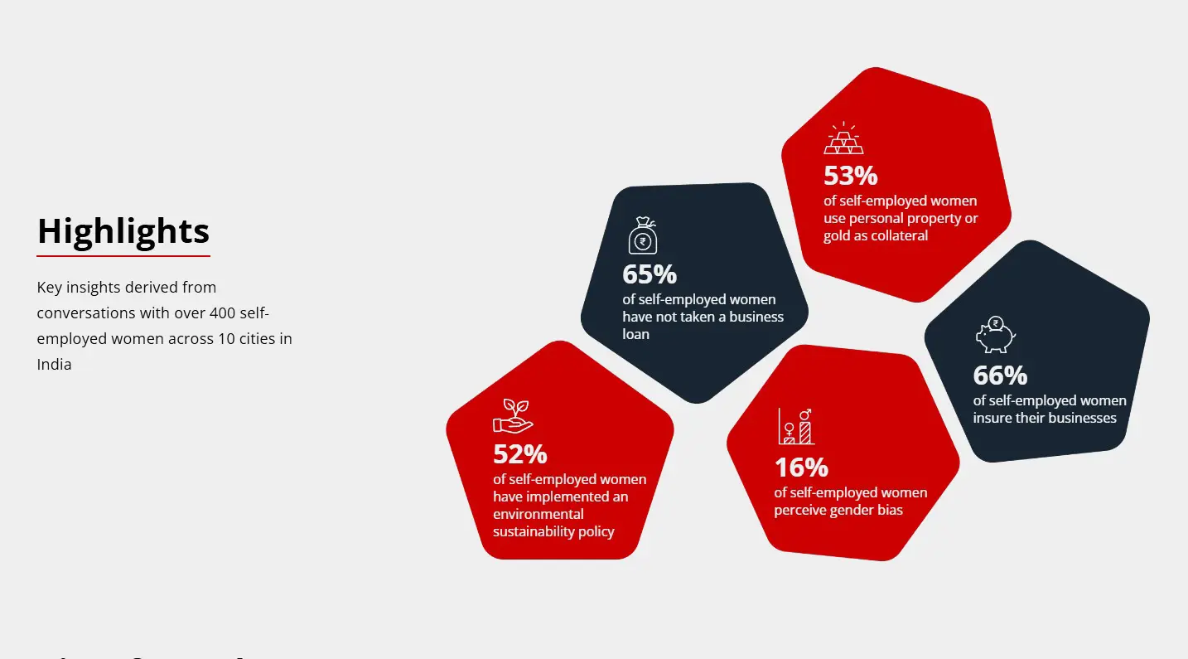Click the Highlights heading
point(123,231)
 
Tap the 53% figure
point(850,176)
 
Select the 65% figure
point(650,274)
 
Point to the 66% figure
point(1000,376)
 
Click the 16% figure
point(801,468)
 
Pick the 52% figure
point(519,454)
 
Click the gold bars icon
point(843,138)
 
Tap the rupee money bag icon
point(643,235)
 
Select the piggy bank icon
point(996,334)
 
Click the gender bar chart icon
point(796,426)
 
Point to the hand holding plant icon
point(513,416)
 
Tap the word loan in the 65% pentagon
point(635,334)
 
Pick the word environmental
point(538,514)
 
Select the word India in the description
point(54,365)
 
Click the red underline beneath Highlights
point(123,256)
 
